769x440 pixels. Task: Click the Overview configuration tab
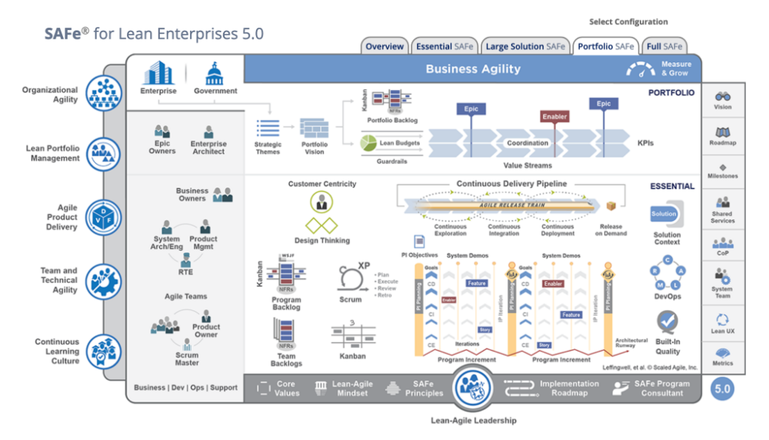384,46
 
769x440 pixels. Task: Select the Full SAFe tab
664,46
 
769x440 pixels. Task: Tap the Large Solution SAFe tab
525,46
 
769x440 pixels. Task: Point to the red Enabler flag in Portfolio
554,117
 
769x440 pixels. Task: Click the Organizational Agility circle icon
102,94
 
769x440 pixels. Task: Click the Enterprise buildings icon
158,74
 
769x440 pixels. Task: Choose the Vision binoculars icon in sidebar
722,97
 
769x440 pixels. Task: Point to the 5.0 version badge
722,388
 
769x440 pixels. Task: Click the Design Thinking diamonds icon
321,225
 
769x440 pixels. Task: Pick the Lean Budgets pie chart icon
368,142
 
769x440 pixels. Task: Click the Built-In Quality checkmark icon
667,321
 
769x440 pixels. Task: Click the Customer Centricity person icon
321,202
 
